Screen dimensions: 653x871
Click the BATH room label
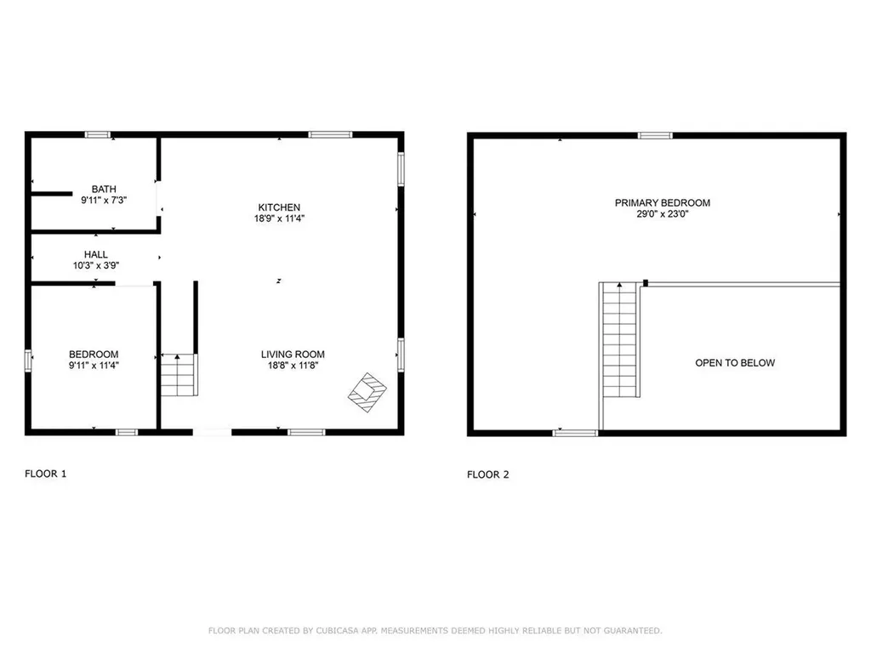coord(105,189)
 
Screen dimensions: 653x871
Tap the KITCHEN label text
coord(280,207)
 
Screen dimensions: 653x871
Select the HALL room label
coord(95,254)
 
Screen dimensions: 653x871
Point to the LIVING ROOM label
coord(293,355)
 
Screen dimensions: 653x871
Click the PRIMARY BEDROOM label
coord(663,202)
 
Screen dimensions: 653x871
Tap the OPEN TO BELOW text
coord(735,363)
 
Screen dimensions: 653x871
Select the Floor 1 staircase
coord(178,375)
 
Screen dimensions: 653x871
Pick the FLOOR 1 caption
coord(45,474)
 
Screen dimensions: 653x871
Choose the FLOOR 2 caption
coord(488,474)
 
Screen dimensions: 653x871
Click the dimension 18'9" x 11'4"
coord(280,219)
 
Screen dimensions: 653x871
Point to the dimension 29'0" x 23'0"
coord(663,213)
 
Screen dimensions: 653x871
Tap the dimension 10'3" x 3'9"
coord(95,265)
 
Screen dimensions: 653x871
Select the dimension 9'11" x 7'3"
coord(105,200)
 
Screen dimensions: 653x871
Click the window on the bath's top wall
coord(98,133)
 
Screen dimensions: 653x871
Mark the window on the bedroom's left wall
coord(28,361)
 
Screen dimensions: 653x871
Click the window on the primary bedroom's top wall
coord(655,134)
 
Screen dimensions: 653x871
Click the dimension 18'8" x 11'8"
coord(293,366)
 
